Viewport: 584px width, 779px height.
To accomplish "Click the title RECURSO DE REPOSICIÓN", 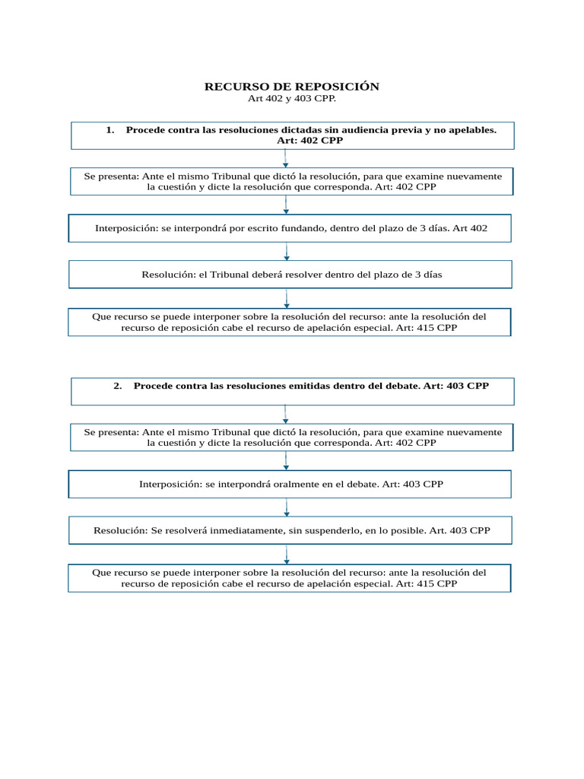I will pyautogui.click(x=291, y=87).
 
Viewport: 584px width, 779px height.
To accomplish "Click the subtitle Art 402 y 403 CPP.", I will pyautogui.click(x=291, y=99).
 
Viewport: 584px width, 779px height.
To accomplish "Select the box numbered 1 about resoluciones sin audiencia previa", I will pyautogui.click(x=292, y=135).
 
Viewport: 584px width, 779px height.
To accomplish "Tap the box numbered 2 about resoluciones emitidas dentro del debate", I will pyautogui.click(x=292, y=391).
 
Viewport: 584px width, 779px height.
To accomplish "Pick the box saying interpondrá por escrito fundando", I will pyautogui.click(x=290, y=228).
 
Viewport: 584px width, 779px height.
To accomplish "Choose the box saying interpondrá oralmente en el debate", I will pyautogui.click(x=290, y=484).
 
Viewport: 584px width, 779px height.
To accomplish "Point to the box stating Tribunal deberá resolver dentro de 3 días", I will pyautogui.click(x=290, y=275).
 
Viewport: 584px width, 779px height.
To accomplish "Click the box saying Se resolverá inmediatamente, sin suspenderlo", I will pyautogui.click(x=290, y=530).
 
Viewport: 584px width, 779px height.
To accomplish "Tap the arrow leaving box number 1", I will pyautogui.click(x=285, y=158).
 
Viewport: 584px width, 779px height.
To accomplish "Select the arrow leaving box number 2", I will pyautogui.click(x=285, y=414).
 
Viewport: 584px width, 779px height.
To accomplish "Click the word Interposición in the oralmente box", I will pyautogui.click(x=170, y=484).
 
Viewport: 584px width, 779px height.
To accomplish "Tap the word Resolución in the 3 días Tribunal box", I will pyautogui.click(x=168, y=275).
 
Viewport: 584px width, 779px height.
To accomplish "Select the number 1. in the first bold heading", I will pyautogui.click(x=110, y=130).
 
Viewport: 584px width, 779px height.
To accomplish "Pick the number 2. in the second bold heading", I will pyautogui.click(x=118, y=386).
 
